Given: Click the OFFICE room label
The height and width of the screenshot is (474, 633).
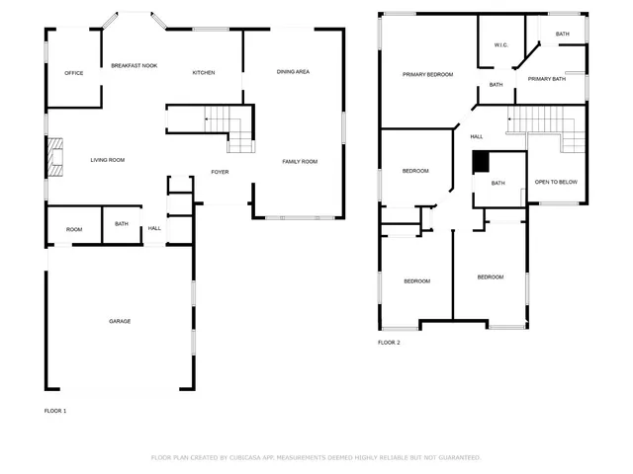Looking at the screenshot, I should [73, 73].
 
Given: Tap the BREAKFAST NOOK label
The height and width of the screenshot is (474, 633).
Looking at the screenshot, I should [134, 65].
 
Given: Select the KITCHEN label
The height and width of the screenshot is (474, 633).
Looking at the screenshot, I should [204, 73].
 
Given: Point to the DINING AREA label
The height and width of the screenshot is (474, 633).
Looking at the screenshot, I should [293, 72].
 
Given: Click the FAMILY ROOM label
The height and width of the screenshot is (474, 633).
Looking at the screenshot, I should [300, 161].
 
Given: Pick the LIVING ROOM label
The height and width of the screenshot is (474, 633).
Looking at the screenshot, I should [107, 160].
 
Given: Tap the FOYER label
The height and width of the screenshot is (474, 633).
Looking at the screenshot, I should [220, 172].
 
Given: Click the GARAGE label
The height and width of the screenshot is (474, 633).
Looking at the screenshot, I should [120, 321].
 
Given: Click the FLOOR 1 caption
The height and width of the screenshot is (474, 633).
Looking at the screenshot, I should [55, 410].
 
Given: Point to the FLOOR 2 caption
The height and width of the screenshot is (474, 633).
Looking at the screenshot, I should [389, 343].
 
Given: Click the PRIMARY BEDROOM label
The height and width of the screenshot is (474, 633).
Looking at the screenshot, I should [427, 75].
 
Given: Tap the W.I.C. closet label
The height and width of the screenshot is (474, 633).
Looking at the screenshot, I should [500, 45].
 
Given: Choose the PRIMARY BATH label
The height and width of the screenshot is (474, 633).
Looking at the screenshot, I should [546, 79].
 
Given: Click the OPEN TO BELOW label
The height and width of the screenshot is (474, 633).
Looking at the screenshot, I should [555, 183].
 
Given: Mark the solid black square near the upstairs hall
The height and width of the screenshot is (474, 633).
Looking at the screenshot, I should [481, 161].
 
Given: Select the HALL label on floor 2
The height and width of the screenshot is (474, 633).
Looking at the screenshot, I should [477, 136].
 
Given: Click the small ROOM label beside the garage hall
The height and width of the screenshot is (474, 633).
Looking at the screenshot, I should [74, 230].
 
